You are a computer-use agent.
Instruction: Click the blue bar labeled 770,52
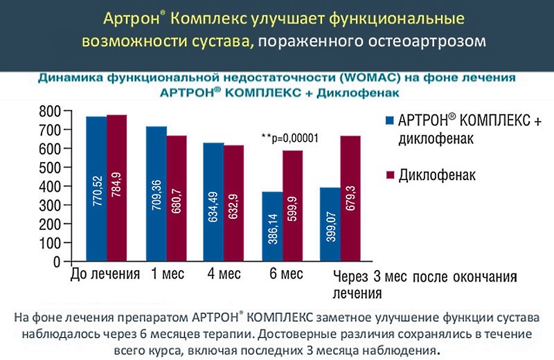coord(96,189)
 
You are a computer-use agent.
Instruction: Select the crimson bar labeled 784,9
coord(116,188)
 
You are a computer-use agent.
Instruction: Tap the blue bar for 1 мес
coord(157,195)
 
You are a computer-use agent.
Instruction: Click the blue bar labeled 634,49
coord(213,202)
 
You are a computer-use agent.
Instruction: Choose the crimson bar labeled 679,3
coord(350,199)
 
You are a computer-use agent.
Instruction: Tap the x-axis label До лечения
coord(105,274)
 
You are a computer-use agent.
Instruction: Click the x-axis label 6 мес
coord(286,274)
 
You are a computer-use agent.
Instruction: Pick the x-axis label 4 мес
coord(224,274)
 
